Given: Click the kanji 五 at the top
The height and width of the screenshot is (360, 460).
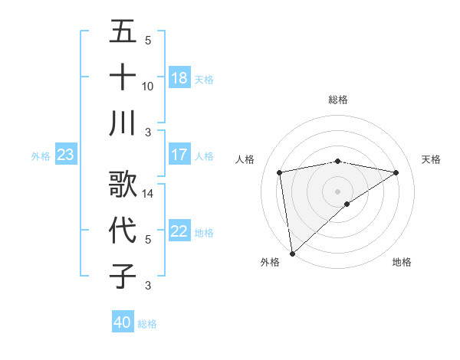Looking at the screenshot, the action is [x=123, y=33].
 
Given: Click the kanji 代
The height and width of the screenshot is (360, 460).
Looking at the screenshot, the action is [x=123, y=231].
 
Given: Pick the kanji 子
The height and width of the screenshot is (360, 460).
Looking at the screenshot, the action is [x=123, y=276].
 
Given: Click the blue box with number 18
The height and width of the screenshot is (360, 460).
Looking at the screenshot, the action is [x=179, y=78].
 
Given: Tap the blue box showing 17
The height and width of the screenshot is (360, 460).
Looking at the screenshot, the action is [x=179, y=155].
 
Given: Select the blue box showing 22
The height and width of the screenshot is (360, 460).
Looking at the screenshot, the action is [x=179, y=231].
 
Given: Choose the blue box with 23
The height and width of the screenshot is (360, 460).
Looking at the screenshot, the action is [x=65, y=155].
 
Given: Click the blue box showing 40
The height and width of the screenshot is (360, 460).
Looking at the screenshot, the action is [x=123, y=322].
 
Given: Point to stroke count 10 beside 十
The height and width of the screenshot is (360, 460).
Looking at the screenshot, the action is [x=148, y=86].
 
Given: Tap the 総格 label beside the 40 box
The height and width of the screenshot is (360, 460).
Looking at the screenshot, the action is [x=147, y=324].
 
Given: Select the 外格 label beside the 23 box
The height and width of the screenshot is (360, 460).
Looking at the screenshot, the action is [x=41, y=156].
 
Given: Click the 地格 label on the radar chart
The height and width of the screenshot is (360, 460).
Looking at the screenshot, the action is [x=402, y=262].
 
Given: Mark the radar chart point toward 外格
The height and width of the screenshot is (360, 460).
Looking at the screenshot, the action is [x=292, y=253].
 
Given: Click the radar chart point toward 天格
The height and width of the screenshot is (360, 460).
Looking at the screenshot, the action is [x=396, y=172].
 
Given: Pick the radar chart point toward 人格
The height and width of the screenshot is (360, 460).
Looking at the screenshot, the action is [x=281, y=172].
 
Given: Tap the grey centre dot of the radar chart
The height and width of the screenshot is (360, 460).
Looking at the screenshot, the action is [x=337, y=191].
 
